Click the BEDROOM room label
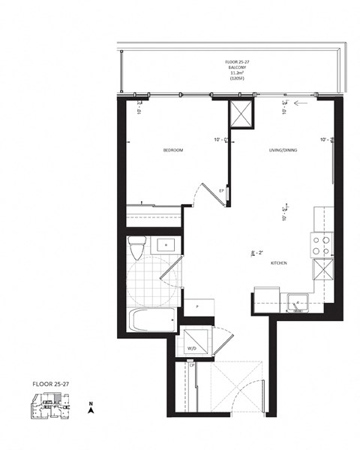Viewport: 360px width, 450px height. pos(173,151)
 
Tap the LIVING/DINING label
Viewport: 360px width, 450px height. pos(283,151)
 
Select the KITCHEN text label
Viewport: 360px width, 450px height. pos(280,263)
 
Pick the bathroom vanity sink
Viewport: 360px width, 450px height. pos(165,245)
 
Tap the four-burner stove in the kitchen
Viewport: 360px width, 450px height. pos(320,246)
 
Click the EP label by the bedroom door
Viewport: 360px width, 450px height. pos(222,190)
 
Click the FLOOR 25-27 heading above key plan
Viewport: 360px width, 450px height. pos(49,382)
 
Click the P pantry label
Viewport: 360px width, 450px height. pos(196,306)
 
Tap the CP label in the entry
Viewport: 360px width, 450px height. pos(192,366)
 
